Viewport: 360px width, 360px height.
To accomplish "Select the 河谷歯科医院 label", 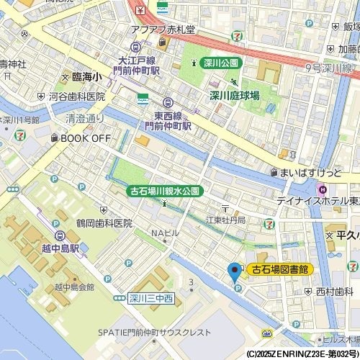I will (77, 96).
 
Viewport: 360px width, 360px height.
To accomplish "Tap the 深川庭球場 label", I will (235, 94).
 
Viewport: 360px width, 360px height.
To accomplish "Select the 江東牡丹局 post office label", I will (225, 219).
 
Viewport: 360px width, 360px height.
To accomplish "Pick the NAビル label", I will (164, 233).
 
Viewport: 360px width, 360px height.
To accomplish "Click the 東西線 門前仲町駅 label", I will (172, 120).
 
